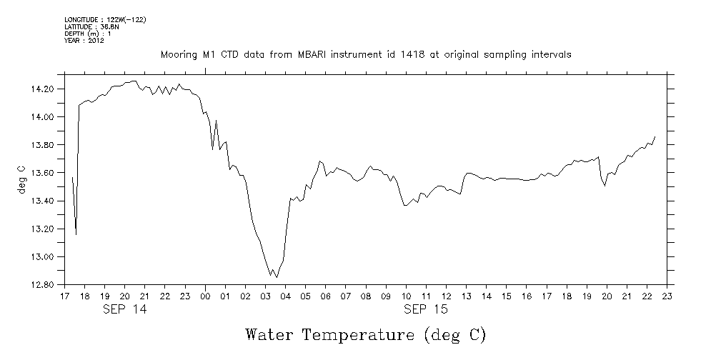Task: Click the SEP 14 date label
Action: (124, 309)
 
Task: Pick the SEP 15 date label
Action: (424, 309)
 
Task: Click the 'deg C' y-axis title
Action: (21, 180)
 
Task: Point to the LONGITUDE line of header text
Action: (105, 20)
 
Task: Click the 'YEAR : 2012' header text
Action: (84, 40)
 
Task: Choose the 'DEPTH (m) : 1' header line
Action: (88, 34)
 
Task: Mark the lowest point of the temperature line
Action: (277, 277)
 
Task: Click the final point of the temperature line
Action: (655, 136)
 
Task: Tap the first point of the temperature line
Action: (73, 177)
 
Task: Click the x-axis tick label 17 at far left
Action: (64, 296)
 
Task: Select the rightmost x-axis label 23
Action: (667, 296)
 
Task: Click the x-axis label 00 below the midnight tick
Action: (205, 296)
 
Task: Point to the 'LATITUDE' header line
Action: (91, 26)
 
